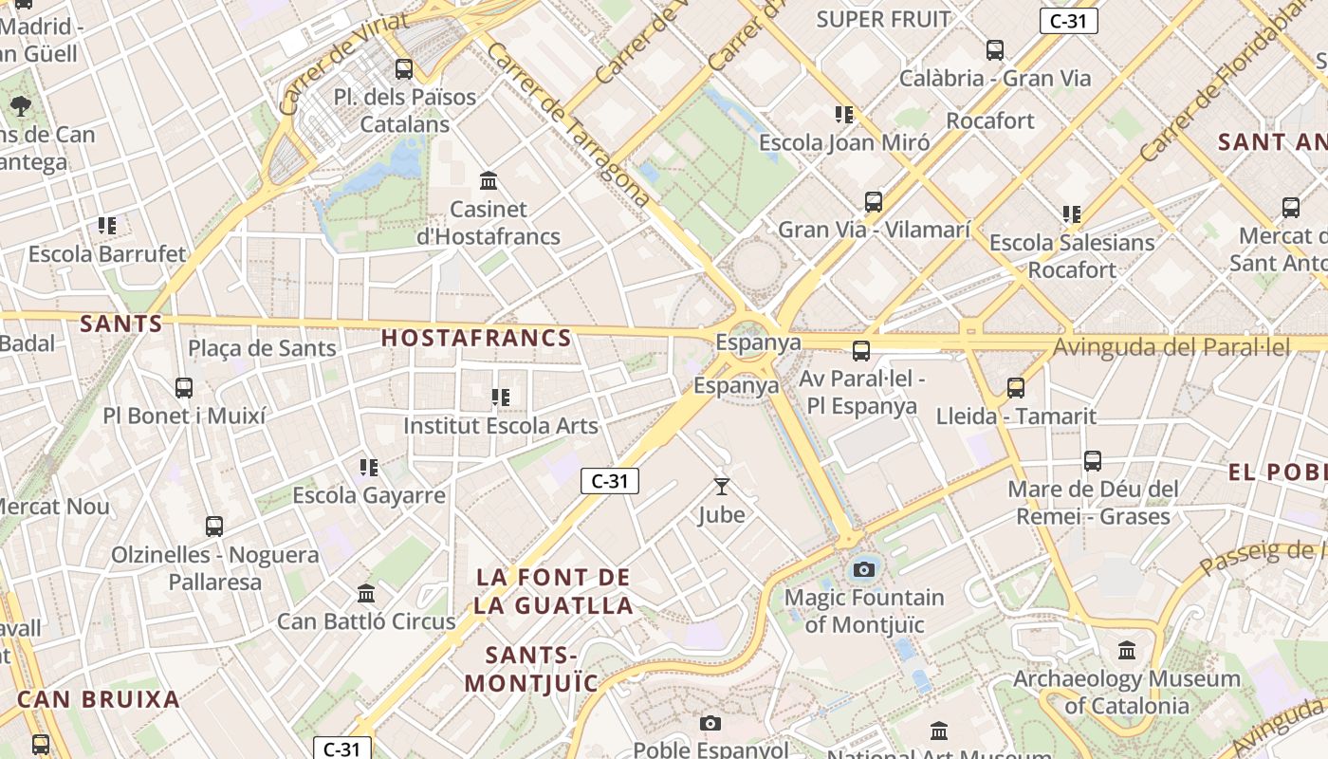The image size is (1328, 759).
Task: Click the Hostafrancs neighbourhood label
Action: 476,338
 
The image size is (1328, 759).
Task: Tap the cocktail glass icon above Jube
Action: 722,487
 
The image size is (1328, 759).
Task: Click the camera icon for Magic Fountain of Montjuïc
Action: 863,569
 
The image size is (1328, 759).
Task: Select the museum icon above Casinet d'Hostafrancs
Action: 489,180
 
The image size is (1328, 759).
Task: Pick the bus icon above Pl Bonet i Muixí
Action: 184,387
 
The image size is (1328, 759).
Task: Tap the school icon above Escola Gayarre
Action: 369,467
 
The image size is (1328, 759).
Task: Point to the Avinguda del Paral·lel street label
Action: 1171,347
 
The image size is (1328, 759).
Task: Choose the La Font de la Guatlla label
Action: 554,591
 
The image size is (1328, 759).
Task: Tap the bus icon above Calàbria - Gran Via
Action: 995,50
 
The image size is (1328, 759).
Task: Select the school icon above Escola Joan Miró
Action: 844,115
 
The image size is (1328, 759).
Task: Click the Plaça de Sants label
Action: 262,348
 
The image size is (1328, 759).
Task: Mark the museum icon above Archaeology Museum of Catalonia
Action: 1127,651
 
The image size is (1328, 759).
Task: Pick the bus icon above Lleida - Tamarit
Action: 1016,387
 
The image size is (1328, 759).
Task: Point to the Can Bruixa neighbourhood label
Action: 99,699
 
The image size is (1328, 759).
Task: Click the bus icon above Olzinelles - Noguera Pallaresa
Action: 214,526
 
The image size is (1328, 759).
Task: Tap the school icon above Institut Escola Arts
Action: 501,397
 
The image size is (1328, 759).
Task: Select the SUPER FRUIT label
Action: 883,19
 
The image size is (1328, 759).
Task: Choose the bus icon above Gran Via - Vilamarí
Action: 874,201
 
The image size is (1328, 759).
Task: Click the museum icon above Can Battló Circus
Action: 366,594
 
